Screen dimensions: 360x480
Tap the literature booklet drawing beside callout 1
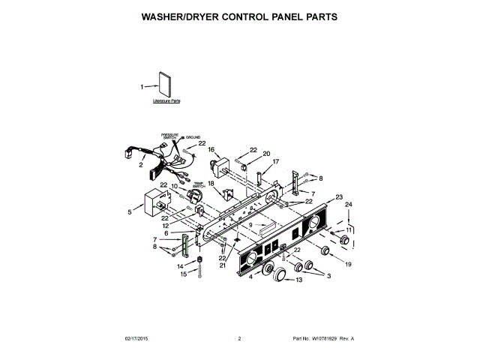pyautogui.click(x=164, y=84)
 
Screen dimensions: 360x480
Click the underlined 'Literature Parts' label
pyautogui.click(x=166, y=100)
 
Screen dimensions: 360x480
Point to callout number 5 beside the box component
pyautogui.click(x=129, y=212)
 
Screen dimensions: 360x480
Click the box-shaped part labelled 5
pyautogui.click(x=156, y=201)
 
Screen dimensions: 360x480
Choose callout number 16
pyautogui.click(x=211, y=149)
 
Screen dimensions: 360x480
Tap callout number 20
pyautogui.click(x=266, y=154)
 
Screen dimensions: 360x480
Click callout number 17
pyautogui.click(x=275, y=161)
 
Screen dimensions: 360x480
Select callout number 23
pyautogui.click(x=339, y=197)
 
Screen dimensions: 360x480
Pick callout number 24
pyautogui.click(x=348, y=204)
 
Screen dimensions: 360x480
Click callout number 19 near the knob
pyautogui.click(x=348, y=264)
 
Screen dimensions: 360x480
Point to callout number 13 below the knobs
pyautogui.click(x=298, y=280)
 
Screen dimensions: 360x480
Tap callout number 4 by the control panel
pyautogui.click(x=250, y=277)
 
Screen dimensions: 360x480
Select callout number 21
pyautogui.click(x=222, y=265)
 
